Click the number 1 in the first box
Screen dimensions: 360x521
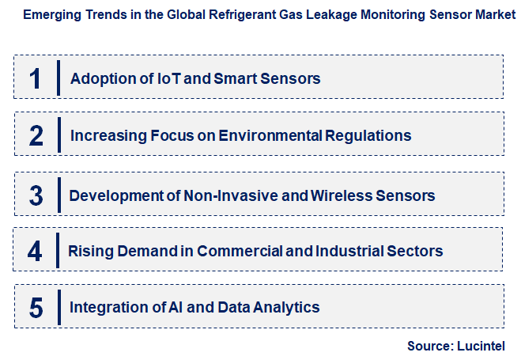point(36,78)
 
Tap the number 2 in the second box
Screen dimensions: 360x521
point(36,135)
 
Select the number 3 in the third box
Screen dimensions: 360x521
point(36,195)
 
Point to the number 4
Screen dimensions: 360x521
point(36,252)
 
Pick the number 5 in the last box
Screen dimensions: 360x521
point(36,307)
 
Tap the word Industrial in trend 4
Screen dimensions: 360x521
point(349,252)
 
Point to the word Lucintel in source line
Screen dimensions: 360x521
point(481,346)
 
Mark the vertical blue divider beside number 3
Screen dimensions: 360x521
point(59,195)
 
